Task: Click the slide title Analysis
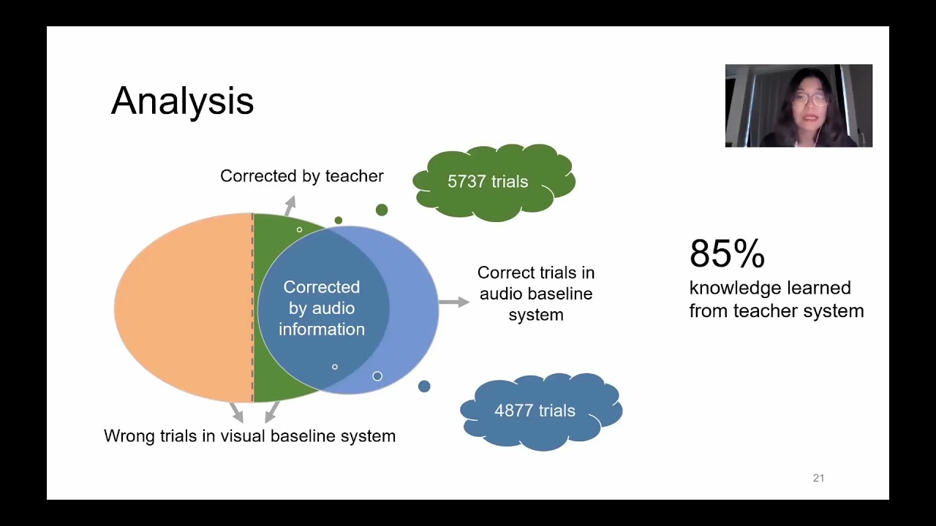(182, 101)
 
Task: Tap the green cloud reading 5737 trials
(488, 182)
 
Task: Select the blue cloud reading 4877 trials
(535, 411)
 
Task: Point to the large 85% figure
(727, 254)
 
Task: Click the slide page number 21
(818, 478)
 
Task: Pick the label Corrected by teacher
(301, 176)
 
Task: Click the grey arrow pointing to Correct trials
(454, 302)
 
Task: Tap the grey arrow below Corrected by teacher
(290, 205)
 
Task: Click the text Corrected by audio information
(322, 308)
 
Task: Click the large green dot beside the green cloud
(382, 210)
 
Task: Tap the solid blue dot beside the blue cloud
(424, 386)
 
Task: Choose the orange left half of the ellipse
(183, 307)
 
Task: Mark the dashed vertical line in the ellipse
(252, 307)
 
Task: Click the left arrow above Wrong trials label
(235, 412)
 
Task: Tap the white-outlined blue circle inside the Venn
(377, 376)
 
